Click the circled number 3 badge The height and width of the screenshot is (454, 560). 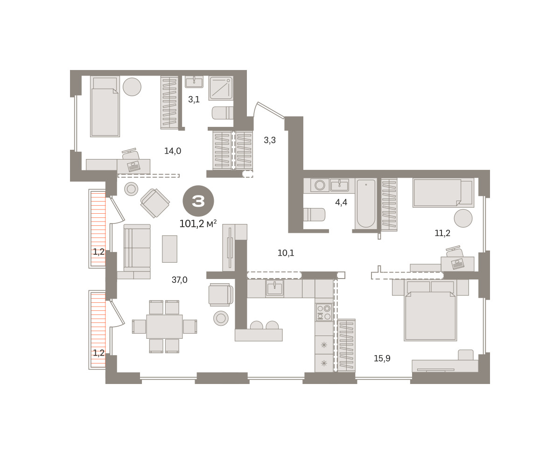[198, 201]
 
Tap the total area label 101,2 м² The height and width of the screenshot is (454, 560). [198, 224]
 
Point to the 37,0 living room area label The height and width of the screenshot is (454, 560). [180, 280]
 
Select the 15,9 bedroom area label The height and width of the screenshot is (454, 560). [382, 358]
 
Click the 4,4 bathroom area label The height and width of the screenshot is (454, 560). [341, 202]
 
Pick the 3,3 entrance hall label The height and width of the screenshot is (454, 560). [270, 140]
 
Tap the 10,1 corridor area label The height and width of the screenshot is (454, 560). [286, 253]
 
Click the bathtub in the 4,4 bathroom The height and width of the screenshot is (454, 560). [366, 204]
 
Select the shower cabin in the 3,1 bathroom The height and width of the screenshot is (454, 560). [221, 88]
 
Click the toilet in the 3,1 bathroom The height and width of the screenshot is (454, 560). [223, 113]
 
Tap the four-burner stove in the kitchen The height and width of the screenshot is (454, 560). [324, 312]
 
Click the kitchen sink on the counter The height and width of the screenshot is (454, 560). [274, 288]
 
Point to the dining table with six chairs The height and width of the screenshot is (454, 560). [164, 327]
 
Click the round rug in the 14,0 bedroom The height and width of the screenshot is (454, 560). [132, 87]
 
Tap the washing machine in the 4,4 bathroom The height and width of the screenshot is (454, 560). [320, 185]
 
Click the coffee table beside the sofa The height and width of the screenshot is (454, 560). [169, 249]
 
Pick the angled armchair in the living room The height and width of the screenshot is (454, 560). [155, 203]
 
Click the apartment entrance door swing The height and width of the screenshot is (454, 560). [268, 111]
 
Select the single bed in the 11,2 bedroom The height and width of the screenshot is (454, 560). [443, 193]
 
